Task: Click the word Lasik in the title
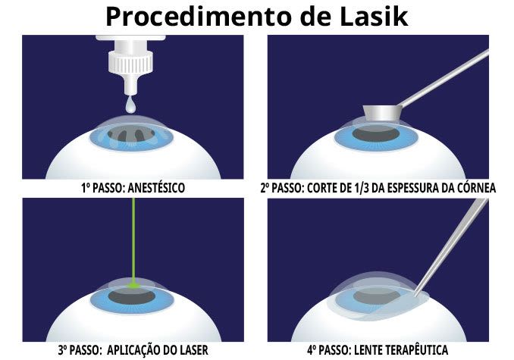(374, 17)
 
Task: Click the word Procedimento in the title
(199, 17)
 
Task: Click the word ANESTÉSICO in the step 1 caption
(156, 188)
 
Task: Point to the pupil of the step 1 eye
(131, 133)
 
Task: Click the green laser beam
(133, 240)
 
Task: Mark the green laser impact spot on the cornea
(133, 286)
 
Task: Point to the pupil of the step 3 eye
(132, 296)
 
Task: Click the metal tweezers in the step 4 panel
(453, 246)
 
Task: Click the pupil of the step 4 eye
(377, 296)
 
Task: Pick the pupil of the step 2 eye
(376, 134)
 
